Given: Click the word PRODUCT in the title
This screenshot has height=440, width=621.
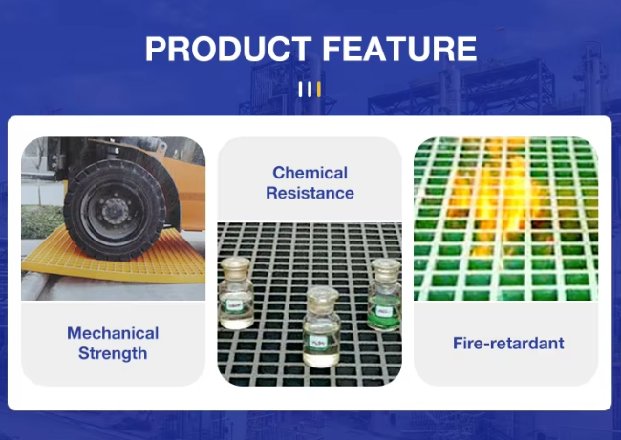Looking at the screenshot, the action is [228, 49].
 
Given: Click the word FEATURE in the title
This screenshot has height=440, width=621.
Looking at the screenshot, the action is [399, 49].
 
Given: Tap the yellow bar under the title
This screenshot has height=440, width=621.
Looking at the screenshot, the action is [319, 90].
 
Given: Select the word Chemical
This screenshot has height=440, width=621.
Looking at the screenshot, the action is [310, 173].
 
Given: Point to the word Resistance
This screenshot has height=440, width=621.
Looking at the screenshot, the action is [310, 193].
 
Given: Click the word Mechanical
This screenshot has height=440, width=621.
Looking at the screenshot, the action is [113, 333].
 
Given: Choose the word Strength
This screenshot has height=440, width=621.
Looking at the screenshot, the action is [113, 353].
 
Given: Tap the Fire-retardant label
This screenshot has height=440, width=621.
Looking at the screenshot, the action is [508, 343].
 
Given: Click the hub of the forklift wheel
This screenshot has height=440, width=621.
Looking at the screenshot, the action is [116, 211].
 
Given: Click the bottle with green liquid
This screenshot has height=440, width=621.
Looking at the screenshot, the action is [385, 295].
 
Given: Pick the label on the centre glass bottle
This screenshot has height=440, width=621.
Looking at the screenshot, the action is [318, 343].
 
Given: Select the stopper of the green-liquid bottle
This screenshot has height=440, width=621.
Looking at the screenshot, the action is [386, 268].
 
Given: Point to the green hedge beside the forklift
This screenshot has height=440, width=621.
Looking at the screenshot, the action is [43, 221].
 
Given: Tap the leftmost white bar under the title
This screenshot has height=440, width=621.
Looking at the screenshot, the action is [300, 90].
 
